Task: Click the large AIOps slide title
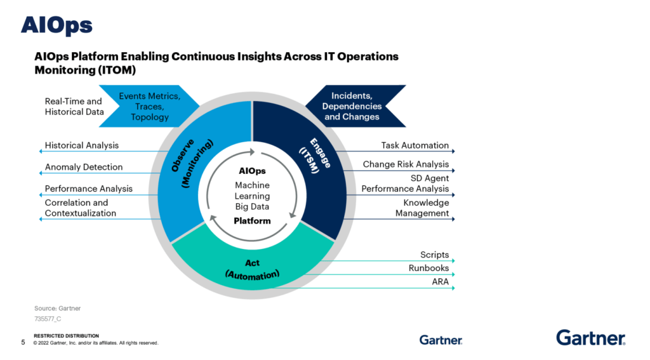(x=56, y=25)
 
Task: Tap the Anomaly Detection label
(x=84, y=167)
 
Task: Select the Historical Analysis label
(x=81, y=145)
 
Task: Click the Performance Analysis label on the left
(x=89, y=189)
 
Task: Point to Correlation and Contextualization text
(x=80, y=208)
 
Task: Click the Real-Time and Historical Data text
(x=73, y=106)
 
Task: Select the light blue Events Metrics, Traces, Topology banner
(x=151, y=107)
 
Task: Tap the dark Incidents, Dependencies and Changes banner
(x=352, y=107)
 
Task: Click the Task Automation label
(x=415, y=145)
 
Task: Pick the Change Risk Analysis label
(x=406, y=164)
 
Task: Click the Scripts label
(x=434, y=255)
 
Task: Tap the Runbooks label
(x=428, y=268)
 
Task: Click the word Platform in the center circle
(x=252, y=221)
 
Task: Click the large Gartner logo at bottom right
(x=591, y=337)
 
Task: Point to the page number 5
(x=23, y=343)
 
